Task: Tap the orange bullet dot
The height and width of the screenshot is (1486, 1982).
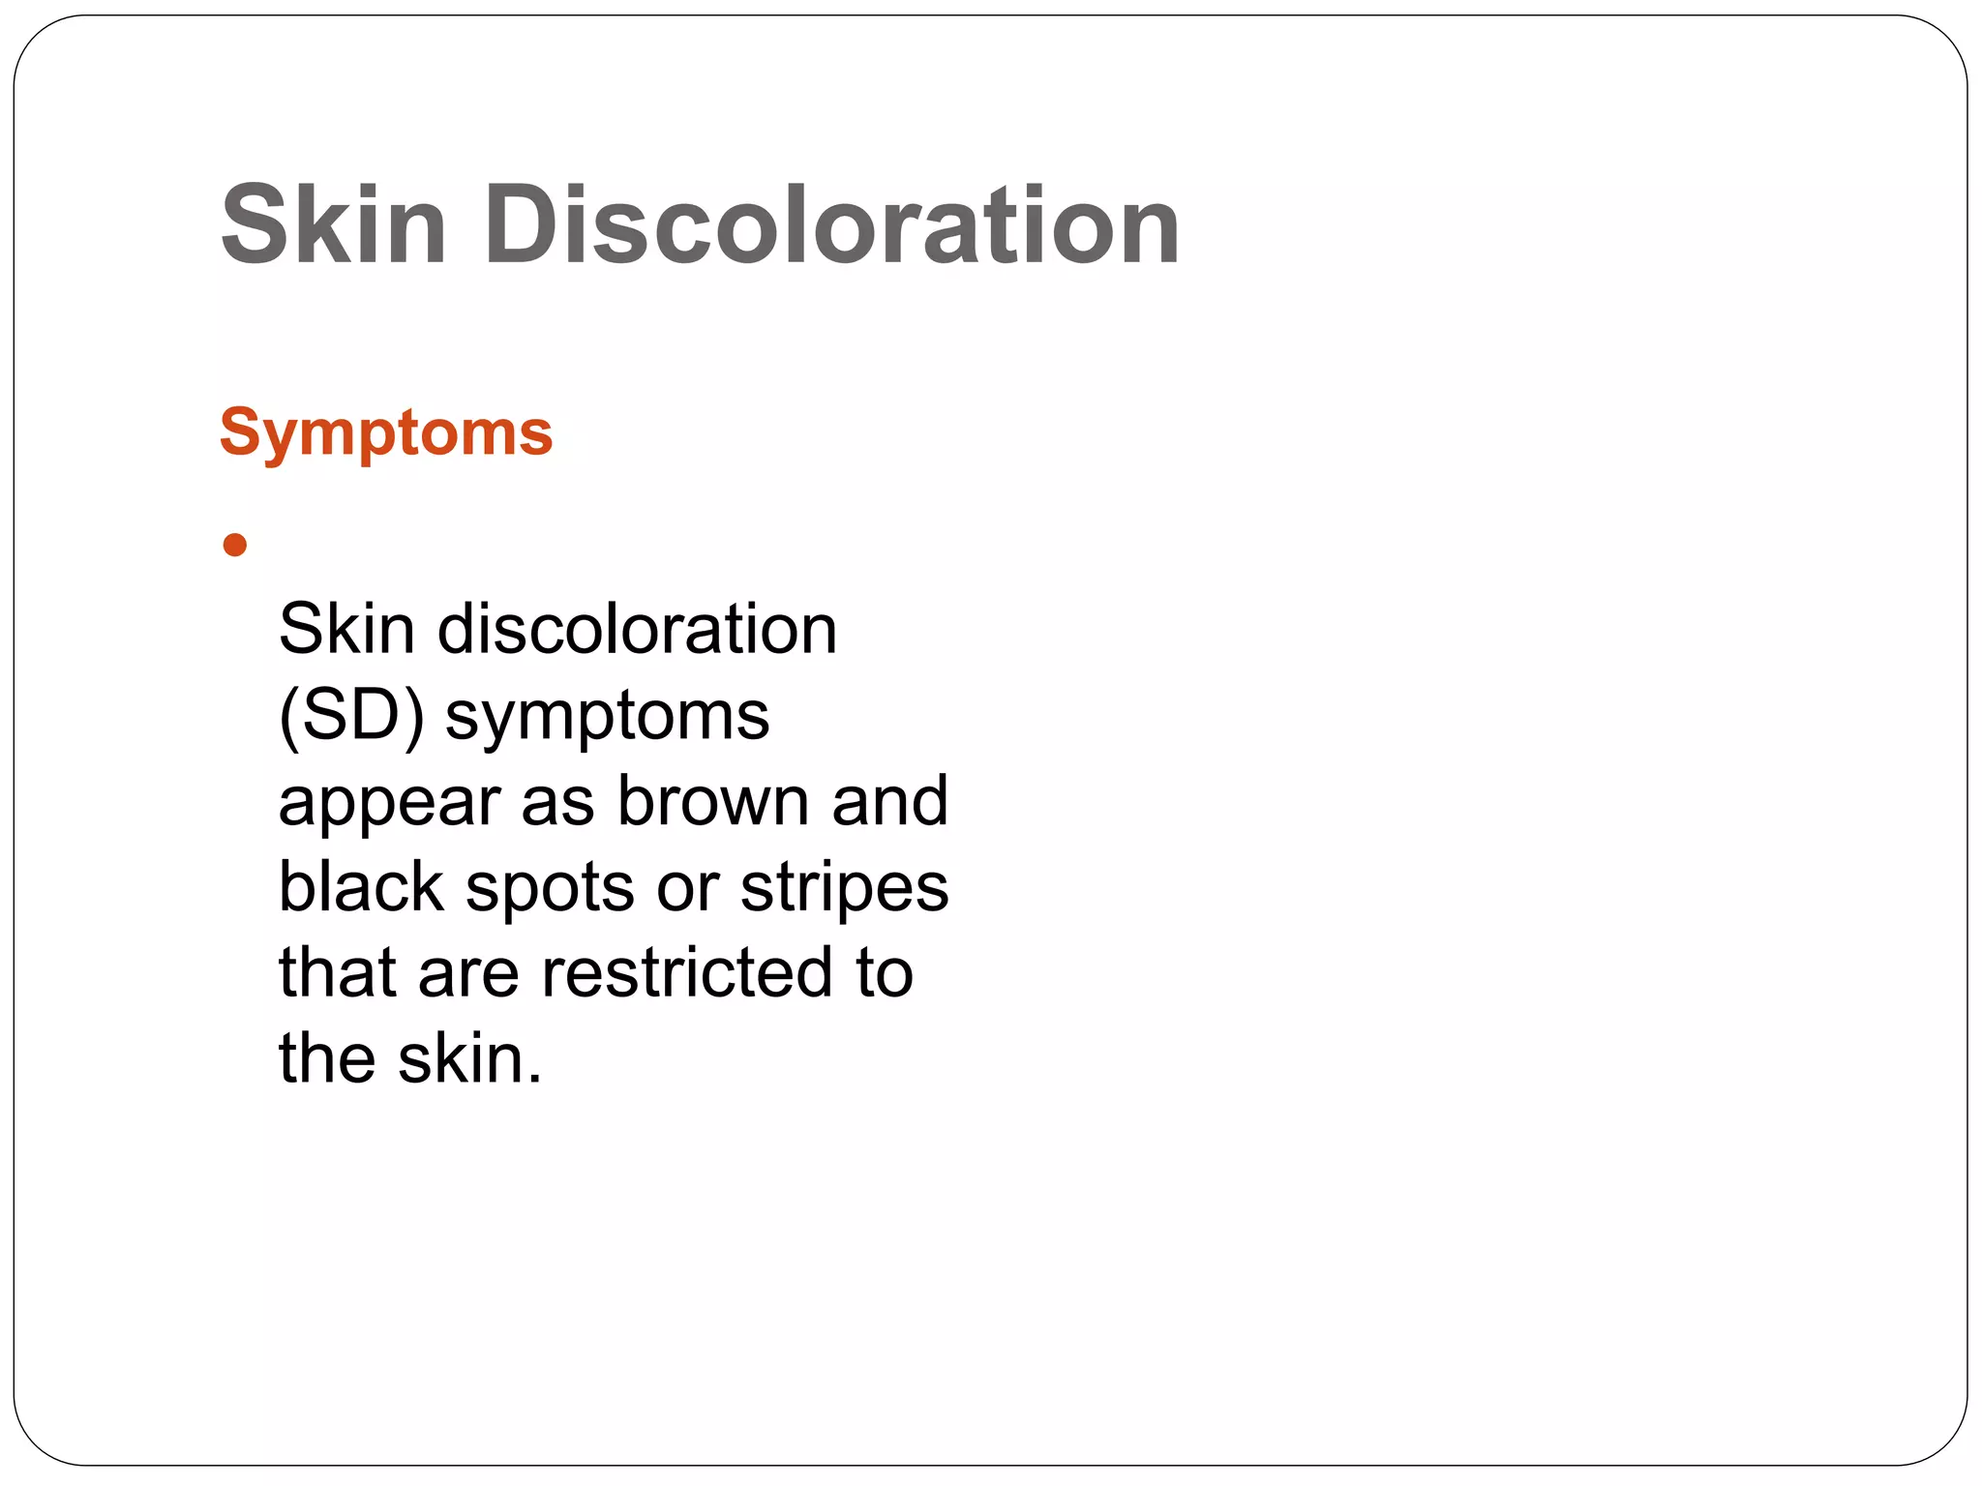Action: (235, 546)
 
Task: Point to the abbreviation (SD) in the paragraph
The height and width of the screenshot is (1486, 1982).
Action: (351, 717)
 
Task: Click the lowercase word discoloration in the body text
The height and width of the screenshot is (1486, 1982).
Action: (637, 630)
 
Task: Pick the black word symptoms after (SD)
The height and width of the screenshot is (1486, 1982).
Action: (607, 717)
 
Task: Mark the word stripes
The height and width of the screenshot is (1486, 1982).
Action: (844, 889)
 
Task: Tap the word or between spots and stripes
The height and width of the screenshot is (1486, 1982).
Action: (687, 889)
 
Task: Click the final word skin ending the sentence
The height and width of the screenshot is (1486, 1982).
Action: (469, 1058)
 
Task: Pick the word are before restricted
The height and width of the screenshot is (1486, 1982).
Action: (468, 973)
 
